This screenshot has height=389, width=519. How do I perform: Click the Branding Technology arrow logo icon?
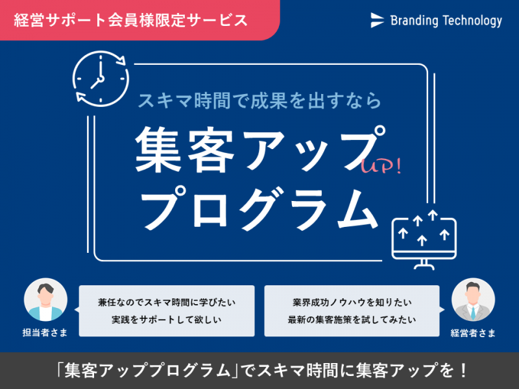click(378, 20)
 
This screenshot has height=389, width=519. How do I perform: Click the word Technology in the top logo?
click(472, 21)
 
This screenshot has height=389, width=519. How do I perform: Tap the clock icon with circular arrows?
click(101, 78)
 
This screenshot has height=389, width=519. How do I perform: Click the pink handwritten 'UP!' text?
click(381, 165)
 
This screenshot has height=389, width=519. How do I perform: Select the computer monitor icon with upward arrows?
click(424, 240)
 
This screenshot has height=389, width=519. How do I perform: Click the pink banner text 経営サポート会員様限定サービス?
click(131, 20)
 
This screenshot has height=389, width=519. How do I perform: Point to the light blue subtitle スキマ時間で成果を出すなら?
click(259, 100)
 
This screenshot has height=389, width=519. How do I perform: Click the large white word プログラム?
click(260, 208)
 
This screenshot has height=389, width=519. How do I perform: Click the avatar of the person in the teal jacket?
click(45, 300)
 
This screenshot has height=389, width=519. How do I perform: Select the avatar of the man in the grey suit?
click(473, 300)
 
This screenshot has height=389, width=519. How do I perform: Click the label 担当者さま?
click(45, 332)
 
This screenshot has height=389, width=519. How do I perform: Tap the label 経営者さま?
click(473, 333)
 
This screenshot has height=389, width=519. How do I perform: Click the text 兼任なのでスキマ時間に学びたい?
click(167, 302)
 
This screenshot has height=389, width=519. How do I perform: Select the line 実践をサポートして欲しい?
click(167, 320)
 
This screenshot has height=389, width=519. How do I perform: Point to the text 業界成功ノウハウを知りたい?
click(352, 302)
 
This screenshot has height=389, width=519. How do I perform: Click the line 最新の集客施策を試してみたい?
click(352, 320)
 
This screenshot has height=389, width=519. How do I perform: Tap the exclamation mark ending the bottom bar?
click(463, 370)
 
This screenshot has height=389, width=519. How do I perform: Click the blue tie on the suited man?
click(473, 313)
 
